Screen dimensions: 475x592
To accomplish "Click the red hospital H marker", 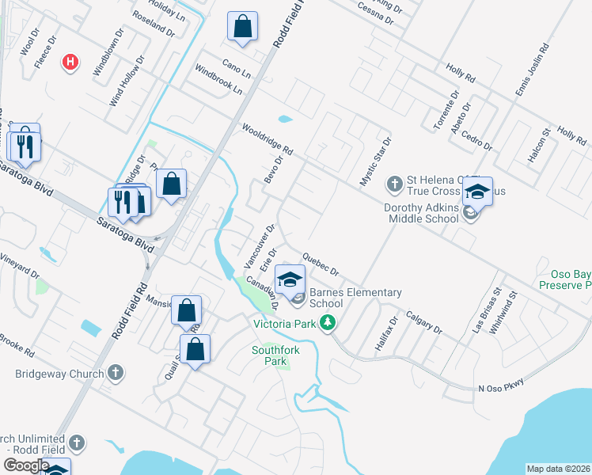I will point(70,62).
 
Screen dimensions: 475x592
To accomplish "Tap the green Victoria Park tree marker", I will point(325,322).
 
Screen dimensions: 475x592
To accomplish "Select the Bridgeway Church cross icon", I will point(116,373).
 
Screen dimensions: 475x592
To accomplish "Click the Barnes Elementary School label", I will point(355,298).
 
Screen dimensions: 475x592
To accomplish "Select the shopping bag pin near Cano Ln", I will point(242,27).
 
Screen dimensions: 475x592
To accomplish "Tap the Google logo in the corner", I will point(26,465).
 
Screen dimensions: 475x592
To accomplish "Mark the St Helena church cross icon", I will point(395,184).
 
